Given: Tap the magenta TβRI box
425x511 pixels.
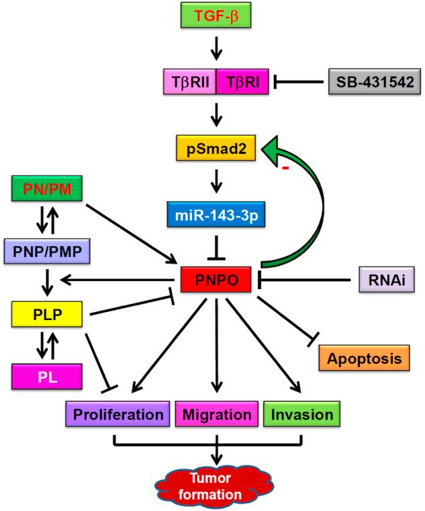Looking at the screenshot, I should point(240,83).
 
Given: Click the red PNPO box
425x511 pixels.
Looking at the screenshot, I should point(216,277).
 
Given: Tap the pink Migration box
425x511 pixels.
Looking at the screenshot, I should point(216,414).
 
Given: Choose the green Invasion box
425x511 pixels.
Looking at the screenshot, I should point(302,414).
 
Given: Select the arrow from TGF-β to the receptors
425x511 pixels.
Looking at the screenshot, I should point(216,48).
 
